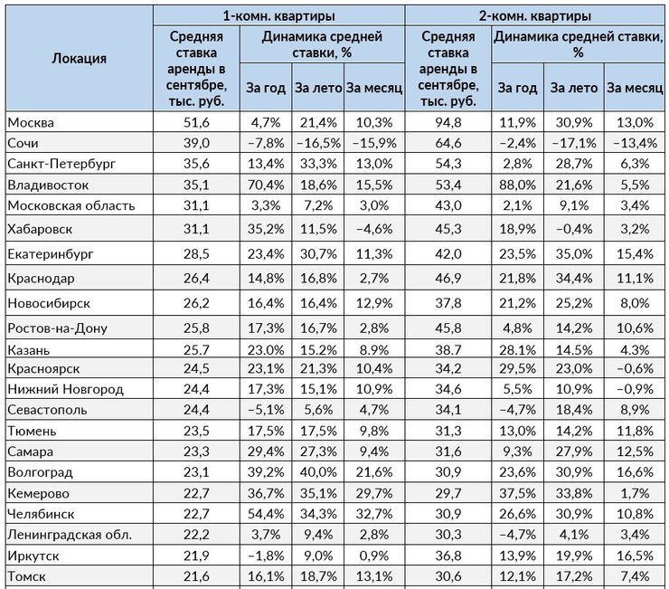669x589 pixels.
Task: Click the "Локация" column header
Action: [79, 59]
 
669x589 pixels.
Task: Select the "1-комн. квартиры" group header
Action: [278, 16]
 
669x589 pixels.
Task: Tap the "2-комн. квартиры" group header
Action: [534, 16]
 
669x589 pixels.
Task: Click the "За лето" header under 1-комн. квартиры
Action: [318, 88]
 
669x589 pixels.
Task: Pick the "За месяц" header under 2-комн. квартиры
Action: [635, 88]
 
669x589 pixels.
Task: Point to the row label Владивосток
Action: [48, 185]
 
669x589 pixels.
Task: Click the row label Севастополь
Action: [47, 410]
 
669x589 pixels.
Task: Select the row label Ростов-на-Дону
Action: [57, 328]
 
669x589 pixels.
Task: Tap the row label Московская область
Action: [71, 206]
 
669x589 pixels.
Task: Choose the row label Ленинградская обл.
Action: [70, 535]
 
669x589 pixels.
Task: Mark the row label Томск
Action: [26, 576]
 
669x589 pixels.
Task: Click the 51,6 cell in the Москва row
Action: [197, 123]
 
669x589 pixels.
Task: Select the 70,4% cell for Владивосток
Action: [266, 185]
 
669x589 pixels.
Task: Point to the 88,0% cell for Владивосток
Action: [517, 185]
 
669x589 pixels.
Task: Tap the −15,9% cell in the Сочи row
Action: [374, 143]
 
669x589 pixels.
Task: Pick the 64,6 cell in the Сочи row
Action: [448, 143]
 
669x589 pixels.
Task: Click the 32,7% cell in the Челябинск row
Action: [374, 514]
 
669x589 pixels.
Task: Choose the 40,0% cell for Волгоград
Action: [318, 472]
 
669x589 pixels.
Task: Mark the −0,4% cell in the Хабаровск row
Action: [574, 230]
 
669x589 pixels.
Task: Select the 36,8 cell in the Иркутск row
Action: [448, 556]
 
